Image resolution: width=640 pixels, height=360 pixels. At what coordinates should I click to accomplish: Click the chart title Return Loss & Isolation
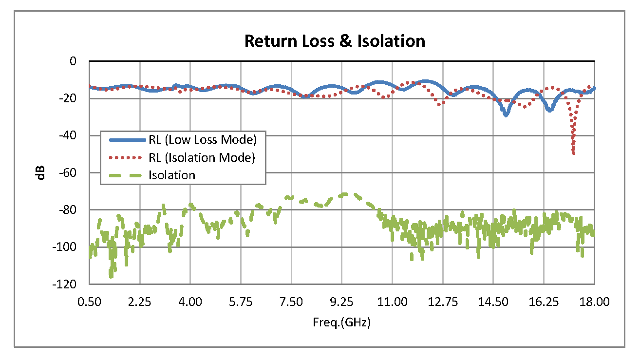click(x=335, y=41)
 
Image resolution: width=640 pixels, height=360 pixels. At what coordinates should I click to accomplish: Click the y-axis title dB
click(x=41, y=172)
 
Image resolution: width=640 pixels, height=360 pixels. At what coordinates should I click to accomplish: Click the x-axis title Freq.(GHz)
click(x=341, y=322)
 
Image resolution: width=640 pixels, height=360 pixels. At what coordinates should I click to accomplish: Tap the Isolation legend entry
click(x=171, y=175)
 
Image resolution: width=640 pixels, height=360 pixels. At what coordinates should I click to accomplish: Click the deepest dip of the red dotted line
click(x=574, y=153)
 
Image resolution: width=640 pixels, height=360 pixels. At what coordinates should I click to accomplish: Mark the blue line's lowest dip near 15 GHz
click(x=506, y=115)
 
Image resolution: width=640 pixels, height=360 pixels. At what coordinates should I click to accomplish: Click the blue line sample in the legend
click(x=127, y=140)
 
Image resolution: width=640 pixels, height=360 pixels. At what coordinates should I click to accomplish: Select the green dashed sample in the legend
click(x=127, y=175)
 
